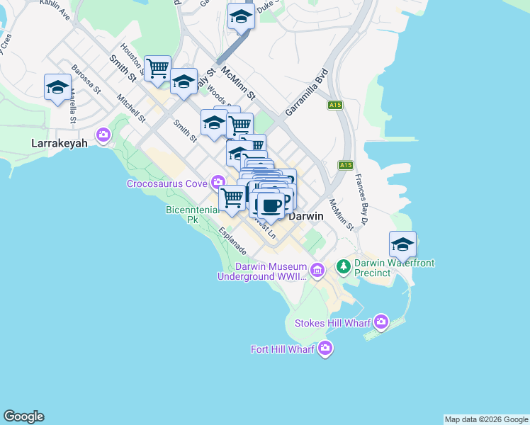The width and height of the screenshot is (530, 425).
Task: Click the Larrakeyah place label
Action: (60, 143)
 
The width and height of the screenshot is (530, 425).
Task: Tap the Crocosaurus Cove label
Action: (167, 183)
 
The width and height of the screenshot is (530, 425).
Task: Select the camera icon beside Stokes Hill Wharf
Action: (382, 322)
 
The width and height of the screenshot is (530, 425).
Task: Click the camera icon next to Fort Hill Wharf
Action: (325, 348)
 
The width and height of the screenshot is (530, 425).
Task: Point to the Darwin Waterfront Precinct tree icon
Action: (344, 266)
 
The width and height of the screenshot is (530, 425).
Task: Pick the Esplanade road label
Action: (232, 241)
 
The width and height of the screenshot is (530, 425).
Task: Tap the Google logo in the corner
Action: (23, 416)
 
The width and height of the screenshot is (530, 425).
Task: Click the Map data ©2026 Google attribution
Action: (486, 419)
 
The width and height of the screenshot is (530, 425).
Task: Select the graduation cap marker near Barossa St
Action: (57, 88)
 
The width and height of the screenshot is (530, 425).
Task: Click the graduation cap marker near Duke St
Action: (241, 16)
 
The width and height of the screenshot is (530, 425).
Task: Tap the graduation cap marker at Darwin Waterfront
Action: (402, 244)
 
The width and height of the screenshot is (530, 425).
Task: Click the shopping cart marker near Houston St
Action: (157, 69)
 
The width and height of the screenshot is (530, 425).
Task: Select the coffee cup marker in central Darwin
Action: (270, 205)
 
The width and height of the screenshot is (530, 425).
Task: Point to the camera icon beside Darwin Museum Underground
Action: (317, 269)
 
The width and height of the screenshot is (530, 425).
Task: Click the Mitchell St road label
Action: (131, 108)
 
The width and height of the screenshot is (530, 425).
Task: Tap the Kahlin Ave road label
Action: (55, 9)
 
